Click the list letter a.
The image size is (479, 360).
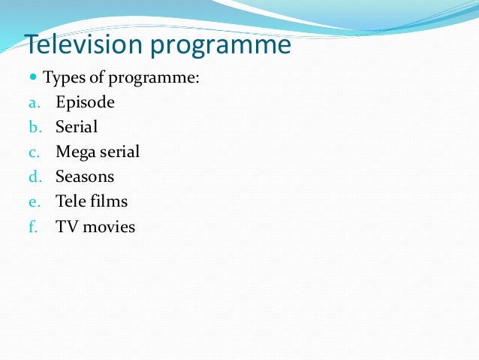coord(33,103)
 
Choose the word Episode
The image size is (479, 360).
coord(85,103)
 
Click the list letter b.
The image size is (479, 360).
coord(33,127)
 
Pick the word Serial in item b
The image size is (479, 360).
coord(77,127)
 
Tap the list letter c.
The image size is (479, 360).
coord(33,153)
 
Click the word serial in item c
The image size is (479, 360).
coord(119,152)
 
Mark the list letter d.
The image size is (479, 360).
coord(33,177)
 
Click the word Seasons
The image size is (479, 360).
coord(85,177)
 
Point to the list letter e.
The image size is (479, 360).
coord(33,201)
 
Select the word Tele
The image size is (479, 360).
coord(70,201)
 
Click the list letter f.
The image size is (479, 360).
coord(33,226)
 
